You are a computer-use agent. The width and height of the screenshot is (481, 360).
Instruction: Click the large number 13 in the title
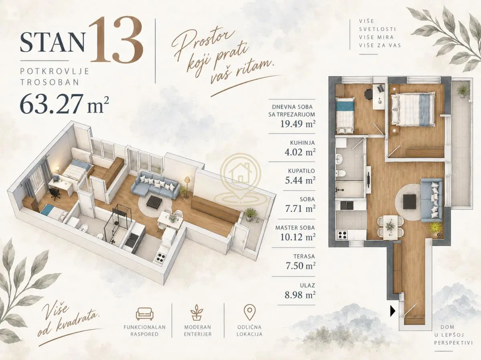(x=116, y=40)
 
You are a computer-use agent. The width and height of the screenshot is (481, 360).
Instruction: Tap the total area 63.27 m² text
(x=65, y=104)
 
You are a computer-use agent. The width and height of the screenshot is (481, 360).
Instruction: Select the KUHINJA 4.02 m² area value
(x=300, y=152)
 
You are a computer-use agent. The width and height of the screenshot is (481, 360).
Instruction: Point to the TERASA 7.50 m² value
(x=301, y=265)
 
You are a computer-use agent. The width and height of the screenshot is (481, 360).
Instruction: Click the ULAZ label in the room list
(x=307, y=285)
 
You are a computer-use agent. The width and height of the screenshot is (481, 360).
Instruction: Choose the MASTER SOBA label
(x=295, y=227)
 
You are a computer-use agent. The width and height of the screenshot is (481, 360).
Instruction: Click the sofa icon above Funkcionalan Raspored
(x=145, y=314)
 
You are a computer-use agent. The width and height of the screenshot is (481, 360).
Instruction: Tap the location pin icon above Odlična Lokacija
(x=249, y=312)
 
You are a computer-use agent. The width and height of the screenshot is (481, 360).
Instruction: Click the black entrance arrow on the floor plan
(x=392, y=311)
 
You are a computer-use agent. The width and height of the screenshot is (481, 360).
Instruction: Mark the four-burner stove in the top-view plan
(x=343, y=235)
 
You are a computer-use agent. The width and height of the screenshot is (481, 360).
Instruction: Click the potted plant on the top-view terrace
(x=463, y=91)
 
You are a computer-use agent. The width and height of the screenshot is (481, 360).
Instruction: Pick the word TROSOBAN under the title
(x=50, y=82)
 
